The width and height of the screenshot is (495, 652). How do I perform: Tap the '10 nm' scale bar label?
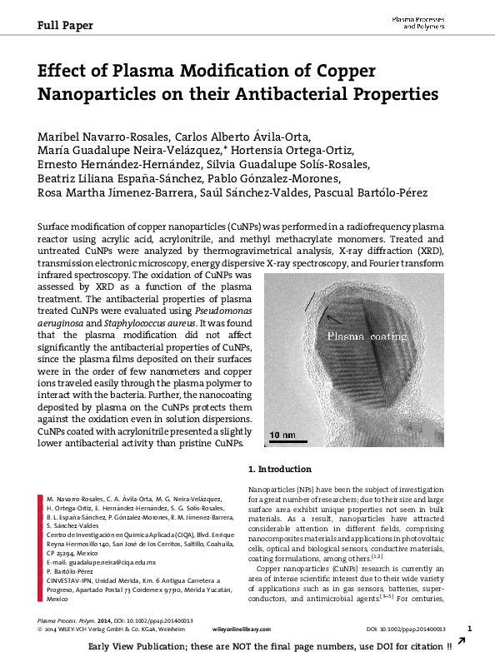(282, 435)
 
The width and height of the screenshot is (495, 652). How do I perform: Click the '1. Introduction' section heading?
(282, 469)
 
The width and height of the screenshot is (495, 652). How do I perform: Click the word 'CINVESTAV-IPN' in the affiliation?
(69, 580)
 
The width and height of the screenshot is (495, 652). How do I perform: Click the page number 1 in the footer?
(470, 629)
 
